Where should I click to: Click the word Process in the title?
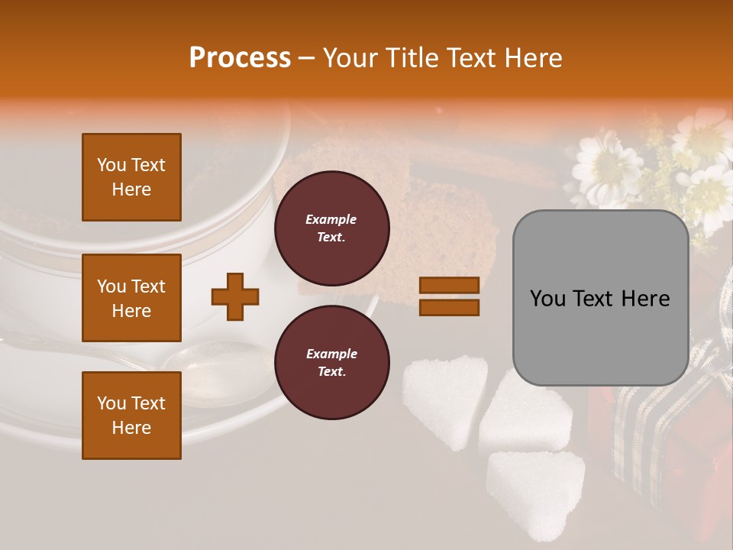[240, 58]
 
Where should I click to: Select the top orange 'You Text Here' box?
[131, 177]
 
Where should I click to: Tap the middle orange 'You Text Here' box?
[131, 298]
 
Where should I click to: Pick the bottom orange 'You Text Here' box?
[131, 415]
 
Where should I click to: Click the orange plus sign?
[235, 296]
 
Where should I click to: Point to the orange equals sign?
[449, 296]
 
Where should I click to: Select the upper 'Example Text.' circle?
[331, 228]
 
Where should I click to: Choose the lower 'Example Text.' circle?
[331, 362]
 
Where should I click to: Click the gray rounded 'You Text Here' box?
[600, 298]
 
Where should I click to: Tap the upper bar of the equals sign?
[449, 285]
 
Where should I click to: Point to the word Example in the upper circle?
[331, 219]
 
